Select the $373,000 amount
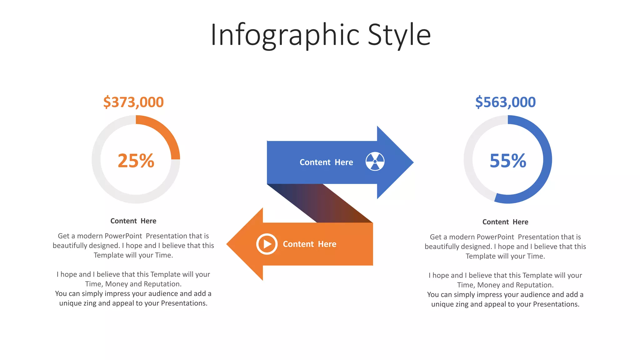click(133, 102)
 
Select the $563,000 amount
click(505, 102)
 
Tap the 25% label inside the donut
click(136, 161)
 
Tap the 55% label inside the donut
click(508, 161)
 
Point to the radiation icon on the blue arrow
click(375, 162)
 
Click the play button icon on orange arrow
click(267, 244)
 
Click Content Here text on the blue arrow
click(326, 162)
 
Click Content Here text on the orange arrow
click(309, 244)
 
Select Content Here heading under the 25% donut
click(133, 221)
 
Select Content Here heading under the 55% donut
click(505, 222)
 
